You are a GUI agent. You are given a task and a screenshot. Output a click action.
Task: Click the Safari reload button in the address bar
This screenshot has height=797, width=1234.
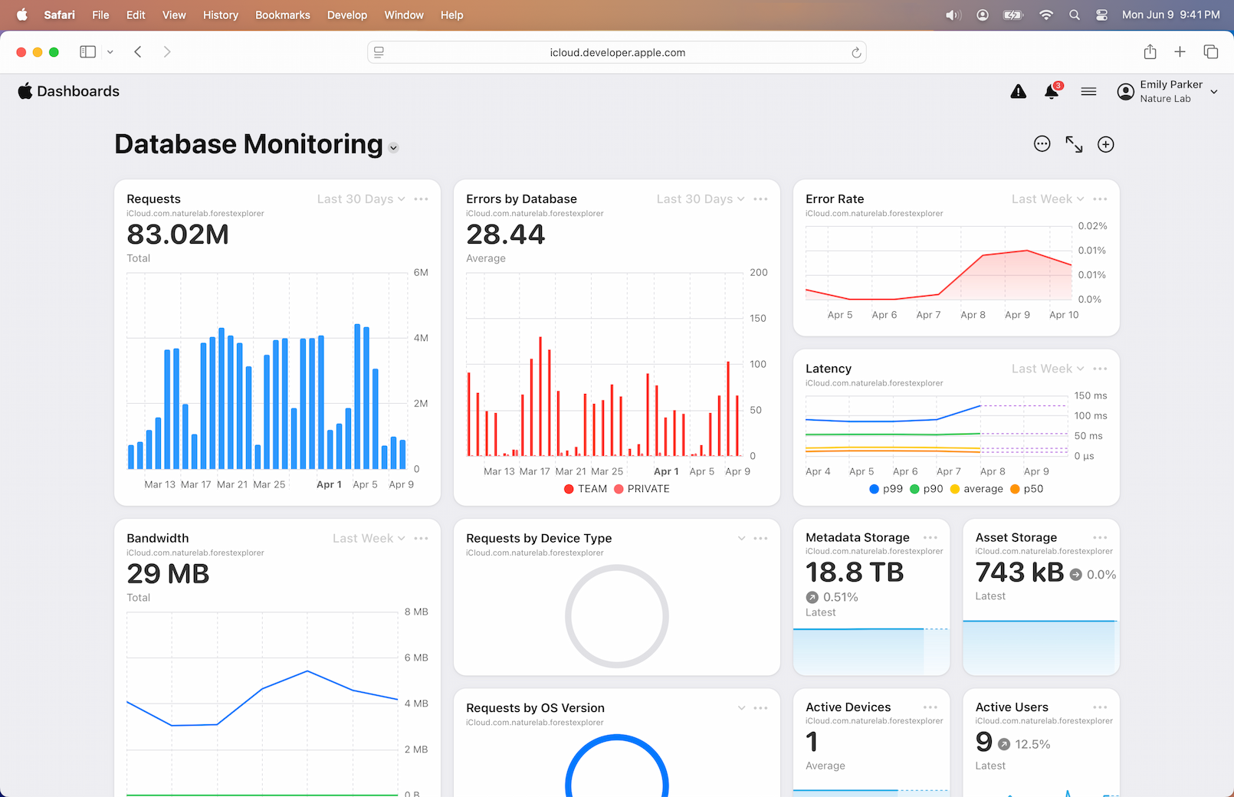coord(856,53)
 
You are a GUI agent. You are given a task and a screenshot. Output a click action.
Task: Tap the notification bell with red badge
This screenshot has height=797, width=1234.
coord(1052,92)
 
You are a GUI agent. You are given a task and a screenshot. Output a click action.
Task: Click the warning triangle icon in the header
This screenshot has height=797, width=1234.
coord(1018,92)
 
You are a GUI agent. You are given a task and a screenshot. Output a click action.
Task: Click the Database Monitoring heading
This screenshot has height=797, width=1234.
coord(248,144)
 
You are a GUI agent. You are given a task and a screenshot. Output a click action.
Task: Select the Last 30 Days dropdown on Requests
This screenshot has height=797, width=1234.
coord(361,199)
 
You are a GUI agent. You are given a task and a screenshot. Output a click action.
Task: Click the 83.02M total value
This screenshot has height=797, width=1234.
coord(178,235)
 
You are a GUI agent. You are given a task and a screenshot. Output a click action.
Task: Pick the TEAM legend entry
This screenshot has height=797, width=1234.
coord(586,489)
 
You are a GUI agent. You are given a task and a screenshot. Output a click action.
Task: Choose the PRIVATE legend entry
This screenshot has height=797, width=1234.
coord(642,489)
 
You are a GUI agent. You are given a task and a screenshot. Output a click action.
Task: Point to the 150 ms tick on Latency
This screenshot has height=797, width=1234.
coord(1090,396)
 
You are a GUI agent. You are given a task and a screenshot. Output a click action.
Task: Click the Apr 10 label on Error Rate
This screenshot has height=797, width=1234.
coord(1064,315)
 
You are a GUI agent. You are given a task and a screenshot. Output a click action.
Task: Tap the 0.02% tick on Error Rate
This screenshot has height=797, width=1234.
coord(1092,226)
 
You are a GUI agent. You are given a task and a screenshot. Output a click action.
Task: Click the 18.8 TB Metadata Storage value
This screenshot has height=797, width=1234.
coord(855,572)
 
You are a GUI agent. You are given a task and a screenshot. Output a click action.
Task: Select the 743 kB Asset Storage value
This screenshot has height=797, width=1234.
coord(1019,572)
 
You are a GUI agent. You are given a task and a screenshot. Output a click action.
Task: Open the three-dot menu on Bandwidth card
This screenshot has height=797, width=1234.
coord(421,539)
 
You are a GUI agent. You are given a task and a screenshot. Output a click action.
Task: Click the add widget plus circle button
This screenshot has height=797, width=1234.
coord(1105,144)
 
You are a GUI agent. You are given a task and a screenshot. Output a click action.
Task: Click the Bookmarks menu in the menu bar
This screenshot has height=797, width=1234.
coord(283,15)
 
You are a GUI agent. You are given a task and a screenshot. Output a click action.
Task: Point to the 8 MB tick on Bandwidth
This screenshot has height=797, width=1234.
coord(416,612)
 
